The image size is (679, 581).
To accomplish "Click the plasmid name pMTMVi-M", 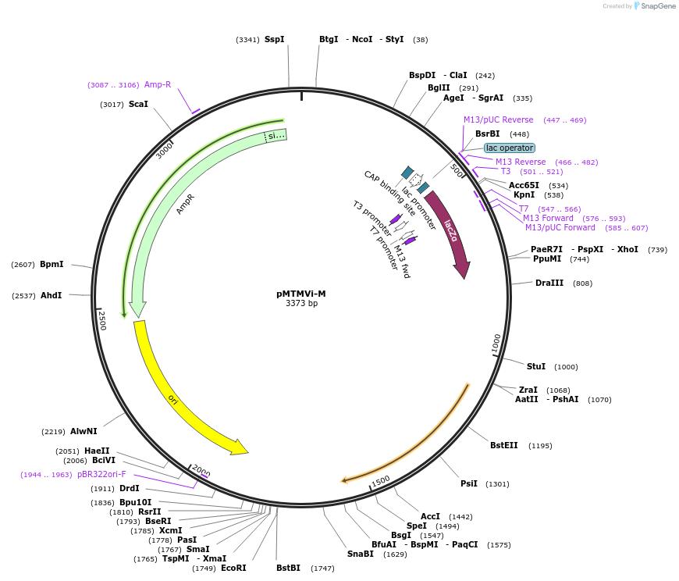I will [x=301, y=294].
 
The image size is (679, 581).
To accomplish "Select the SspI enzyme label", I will [x=274, y=39].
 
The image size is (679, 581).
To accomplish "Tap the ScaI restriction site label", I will [x=138, y=104].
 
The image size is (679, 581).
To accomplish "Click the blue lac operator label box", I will [x=509, y=148].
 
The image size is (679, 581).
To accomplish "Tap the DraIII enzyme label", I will [x=549, y=283].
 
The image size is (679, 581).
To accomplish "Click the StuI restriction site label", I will [x=536, y=366].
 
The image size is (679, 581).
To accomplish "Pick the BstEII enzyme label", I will [x=503, y=445].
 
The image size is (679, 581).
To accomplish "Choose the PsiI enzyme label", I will [x=468, y=483].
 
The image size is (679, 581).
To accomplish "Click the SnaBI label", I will [x=361, y=554].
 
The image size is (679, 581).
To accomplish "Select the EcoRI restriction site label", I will [x=233, y=568].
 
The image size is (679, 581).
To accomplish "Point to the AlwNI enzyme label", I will [x=84, y=431].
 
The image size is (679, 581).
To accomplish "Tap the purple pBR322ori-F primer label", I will [x=101, y=474].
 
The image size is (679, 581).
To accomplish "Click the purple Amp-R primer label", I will [x=158, y=84].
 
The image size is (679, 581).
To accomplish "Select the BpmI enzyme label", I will [x=52, y=264].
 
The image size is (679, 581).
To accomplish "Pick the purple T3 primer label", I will [x=505, y=171].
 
